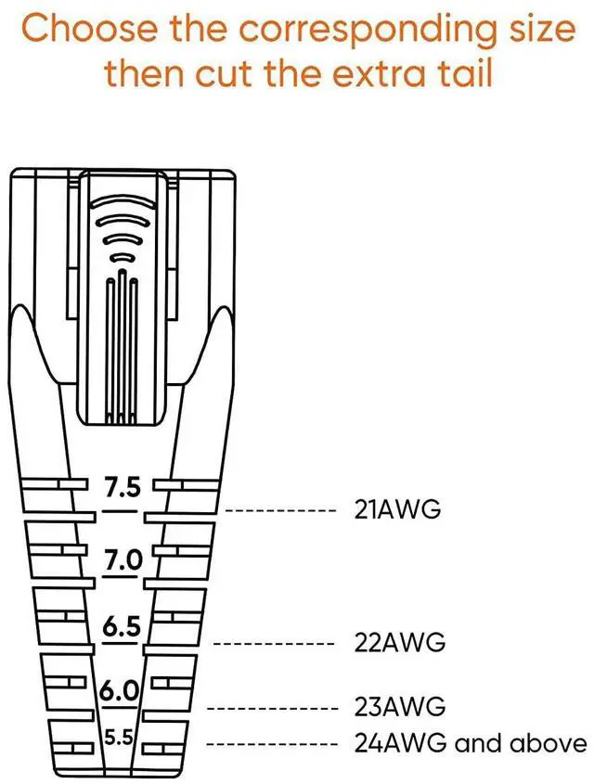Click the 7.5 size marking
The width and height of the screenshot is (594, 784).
click(122, 487)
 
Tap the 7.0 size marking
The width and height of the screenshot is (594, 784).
click(123, 560)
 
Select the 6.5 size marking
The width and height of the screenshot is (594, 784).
click(122, 627)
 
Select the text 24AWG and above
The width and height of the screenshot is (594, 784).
click(471, 743)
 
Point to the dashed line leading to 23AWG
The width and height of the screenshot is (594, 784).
click(270, 708)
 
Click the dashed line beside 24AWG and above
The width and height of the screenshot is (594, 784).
click(270, 743)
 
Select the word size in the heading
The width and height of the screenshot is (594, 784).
click(540, 28)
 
